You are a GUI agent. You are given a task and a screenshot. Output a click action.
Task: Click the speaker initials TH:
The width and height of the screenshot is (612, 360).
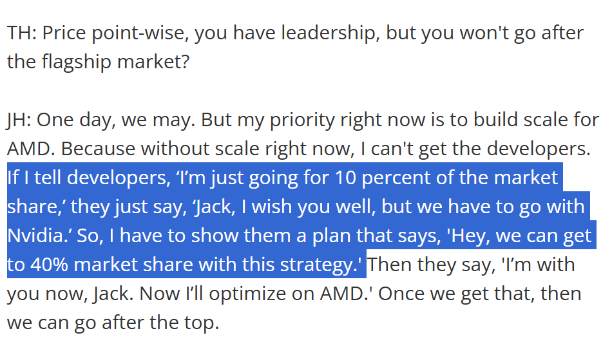(x=22, y=33)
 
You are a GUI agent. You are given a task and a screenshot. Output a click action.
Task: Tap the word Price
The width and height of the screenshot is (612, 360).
(x=66, y=33)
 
